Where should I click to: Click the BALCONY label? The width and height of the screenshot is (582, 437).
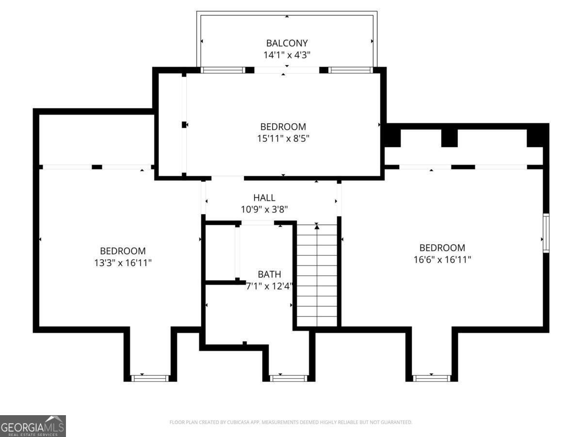click(287, 43)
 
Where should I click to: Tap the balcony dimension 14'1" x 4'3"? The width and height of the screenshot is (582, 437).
click(287, 55)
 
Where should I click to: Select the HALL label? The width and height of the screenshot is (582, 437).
click(264, 198)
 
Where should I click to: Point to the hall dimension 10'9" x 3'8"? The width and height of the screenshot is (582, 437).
click(265, 209)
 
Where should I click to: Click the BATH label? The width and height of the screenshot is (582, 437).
click(269, 274)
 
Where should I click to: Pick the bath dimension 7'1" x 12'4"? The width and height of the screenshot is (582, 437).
click(269, 286)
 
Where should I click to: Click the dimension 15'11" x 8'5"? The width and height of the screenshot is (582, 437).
click(283, 138)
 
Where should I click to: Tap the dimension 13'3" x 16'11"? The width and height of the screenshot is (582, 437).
click(123, 263)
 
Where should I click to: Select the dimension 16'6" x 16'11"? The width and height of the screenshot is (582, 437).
click(442, 259)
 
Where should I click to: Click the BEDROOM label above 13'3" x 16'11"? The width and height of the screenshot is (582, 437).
click(123, 251)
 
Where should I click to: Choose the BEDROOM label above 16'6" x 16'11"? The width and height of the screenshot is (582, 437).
click(442, 248)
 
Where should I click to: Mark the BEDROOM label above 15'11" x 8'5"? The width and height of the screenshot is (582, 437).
click(283, 127)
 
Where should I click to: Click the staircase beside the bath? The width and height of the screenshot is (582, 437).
click(317, 282)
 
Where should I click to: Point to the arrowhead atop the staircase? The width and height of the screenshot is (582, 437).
click(317, 226)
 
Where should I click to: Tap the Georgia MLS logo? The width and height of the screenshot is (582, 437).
click(32, 426)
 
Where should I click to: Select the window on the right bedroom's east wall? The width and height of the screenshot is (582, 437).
click(546, 233)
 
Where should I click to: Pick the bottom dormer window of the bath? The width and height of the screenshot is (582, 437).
click(289, 378)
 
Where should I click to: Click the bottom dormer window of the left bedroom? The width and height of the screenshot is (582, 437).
click(150, 378)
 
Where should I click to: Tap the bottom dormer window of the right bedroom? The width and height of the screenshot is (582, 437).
click(432, 378)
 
